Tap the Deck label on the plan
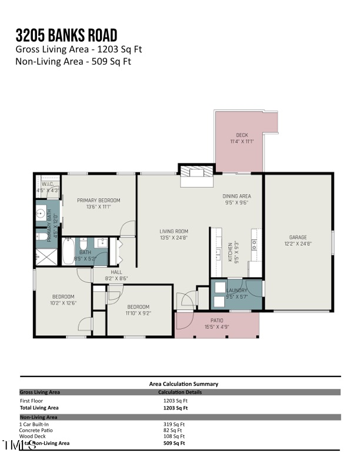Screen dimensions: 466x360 [x=242, y=135]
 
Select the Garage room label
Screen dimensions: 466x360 [x=298, y=237]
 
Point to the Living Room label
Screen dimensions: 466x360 [x=174, y=231]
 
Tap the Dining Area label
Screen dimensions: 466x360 [x=236, y=196]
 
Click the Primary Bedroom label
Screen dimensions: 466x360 [x=98, y=200]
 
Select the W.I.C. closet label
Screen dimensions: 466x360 [x=48, y=184]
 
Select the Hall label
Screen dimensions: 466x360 [x=116, y=272]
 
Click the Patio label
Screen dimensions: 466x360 [x=217, y=321]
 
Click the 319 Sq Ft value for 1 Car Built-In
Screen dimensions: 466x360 [x=174, y=424]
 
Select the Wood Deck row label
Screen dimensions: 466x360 [x=32, y=437]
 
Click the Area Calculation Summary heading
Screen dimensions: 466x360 [x=184, y=384]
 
